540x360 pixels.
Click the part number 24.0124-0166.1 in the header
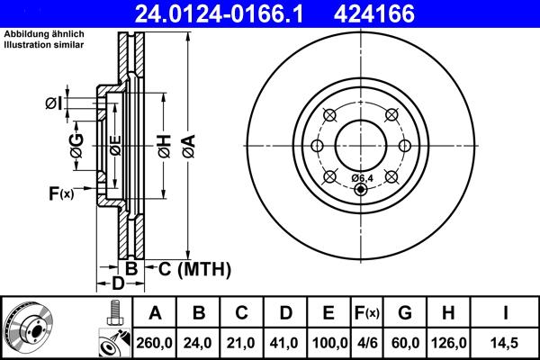pos(230,13)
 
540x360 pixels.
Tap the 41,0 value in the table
pos(286,342)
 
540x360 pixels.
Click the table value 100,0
pos(329,342)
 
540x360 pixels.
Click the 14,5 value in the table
pos(506,342)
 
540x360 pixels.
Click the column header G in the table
pos(405,313)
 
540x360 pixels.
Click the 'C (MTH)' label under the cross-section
pos(194,268)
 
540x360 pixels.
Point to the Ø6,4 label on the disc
pos(364,177)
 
